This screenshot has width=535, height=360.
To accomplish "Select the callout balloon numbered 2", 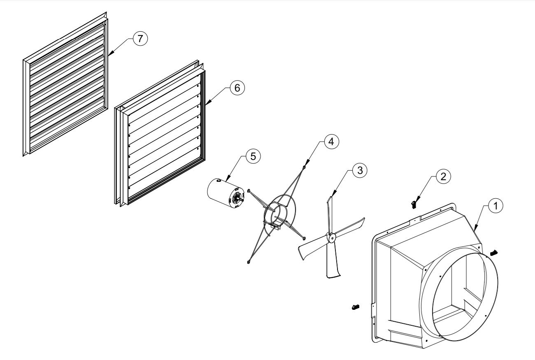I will pyautogui.click(x=442, y=176).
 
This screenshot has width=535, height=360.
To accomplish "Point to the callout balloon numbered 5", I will pyautogui.click(x=253, y=156).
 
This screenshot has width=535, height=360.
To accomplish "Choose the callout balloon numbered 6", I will pyautogui.click(x=237, y=88).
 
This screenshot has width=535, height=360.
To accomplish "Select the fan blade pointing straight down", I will pyautogui.click(x=333, y=261).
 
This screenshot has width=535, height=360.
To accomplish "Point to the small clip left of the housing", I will pyautogui.click(x=356, y=307).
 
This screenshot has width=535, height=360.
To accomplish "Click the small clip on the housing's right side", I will pyautogui.click(x=494, y=251).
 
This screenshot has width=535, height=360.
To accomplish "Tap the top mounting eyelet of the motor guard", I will pyautogui.click(x=304, y=166).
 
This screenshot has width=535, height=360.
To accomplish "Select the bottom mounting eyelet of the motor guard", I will pyautogui.click(x=248, y=261).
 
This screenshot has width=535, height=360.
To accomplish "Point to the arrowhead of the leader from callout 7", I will pyautogui.click(x=109, y=55).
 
